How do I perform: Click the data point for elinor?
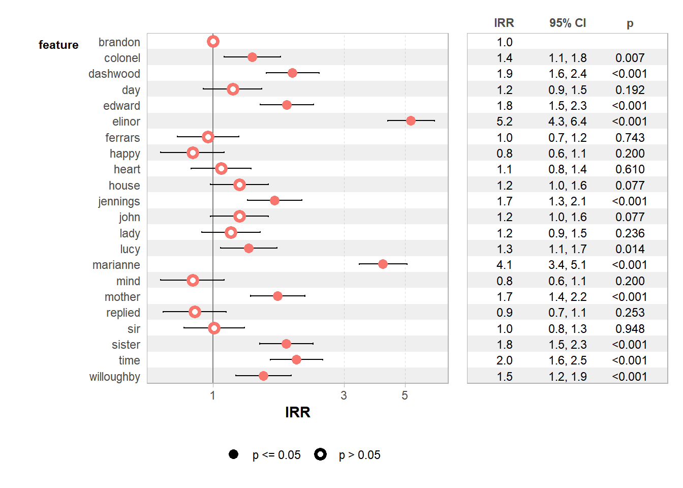(x=411, y=120)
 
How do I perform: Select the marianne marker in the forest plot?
(x=383, y=264)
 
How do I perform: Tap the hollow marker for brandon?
(x=213, y=41)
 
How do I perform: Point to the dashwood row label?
(x=114, y=74)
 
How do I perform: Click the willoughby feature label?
(x=115, y=377)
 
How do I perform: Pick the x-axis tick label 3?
(x=344, y=395)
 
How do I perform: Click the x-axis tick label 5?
(x=405, y=395)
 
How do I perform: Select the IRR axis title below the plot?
(x=297, y=412)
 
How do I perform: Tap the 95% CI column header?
(x=568, y=23)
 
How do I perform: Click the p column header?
(x=630, y=23)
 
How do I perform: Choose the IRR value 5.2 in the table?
(x=504, y=121)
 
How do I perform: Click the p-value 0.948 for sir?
(x=630, y=329)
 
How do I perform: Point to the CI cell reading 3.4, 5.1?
(x=568, y=265)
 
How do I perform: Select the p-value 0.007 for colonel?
(x=630, y=58)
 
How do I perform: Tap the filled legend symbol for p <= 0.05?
(x=233, y=454)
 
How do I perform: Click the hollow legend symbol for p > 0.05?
(x=320, y=454)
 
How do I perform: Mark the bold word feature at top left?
(x=58, y=45)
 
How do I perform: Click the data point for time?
(x=296, y=359)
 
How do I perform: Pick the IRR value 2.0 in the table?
(x=504, y=360)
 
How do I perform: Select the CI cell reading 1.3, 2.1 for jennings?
(x=568, y=201)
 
